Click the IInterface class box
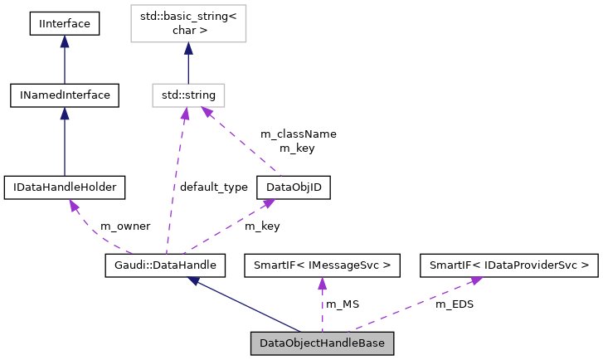[65, 23]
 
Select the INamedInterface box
[65, 95]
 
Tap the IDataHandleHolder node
[65, 187]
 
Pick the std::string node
[187, 95]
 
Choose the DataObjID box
[293, 187]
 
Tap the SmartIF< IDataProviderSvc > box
[508, 265]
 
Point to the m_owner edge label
[124, 226]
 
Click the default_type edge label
[213, 187]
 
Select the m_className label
[298, 134]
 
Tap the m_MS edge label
[342, 304]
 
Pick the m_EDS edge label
[455, 304]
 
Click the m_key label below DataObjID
[263, 226]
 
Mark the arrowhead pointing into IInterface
[65, 41]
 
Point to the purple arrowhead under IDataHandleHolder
[74, 205]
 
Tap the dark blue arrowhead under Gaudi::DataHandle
[193, 281]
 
